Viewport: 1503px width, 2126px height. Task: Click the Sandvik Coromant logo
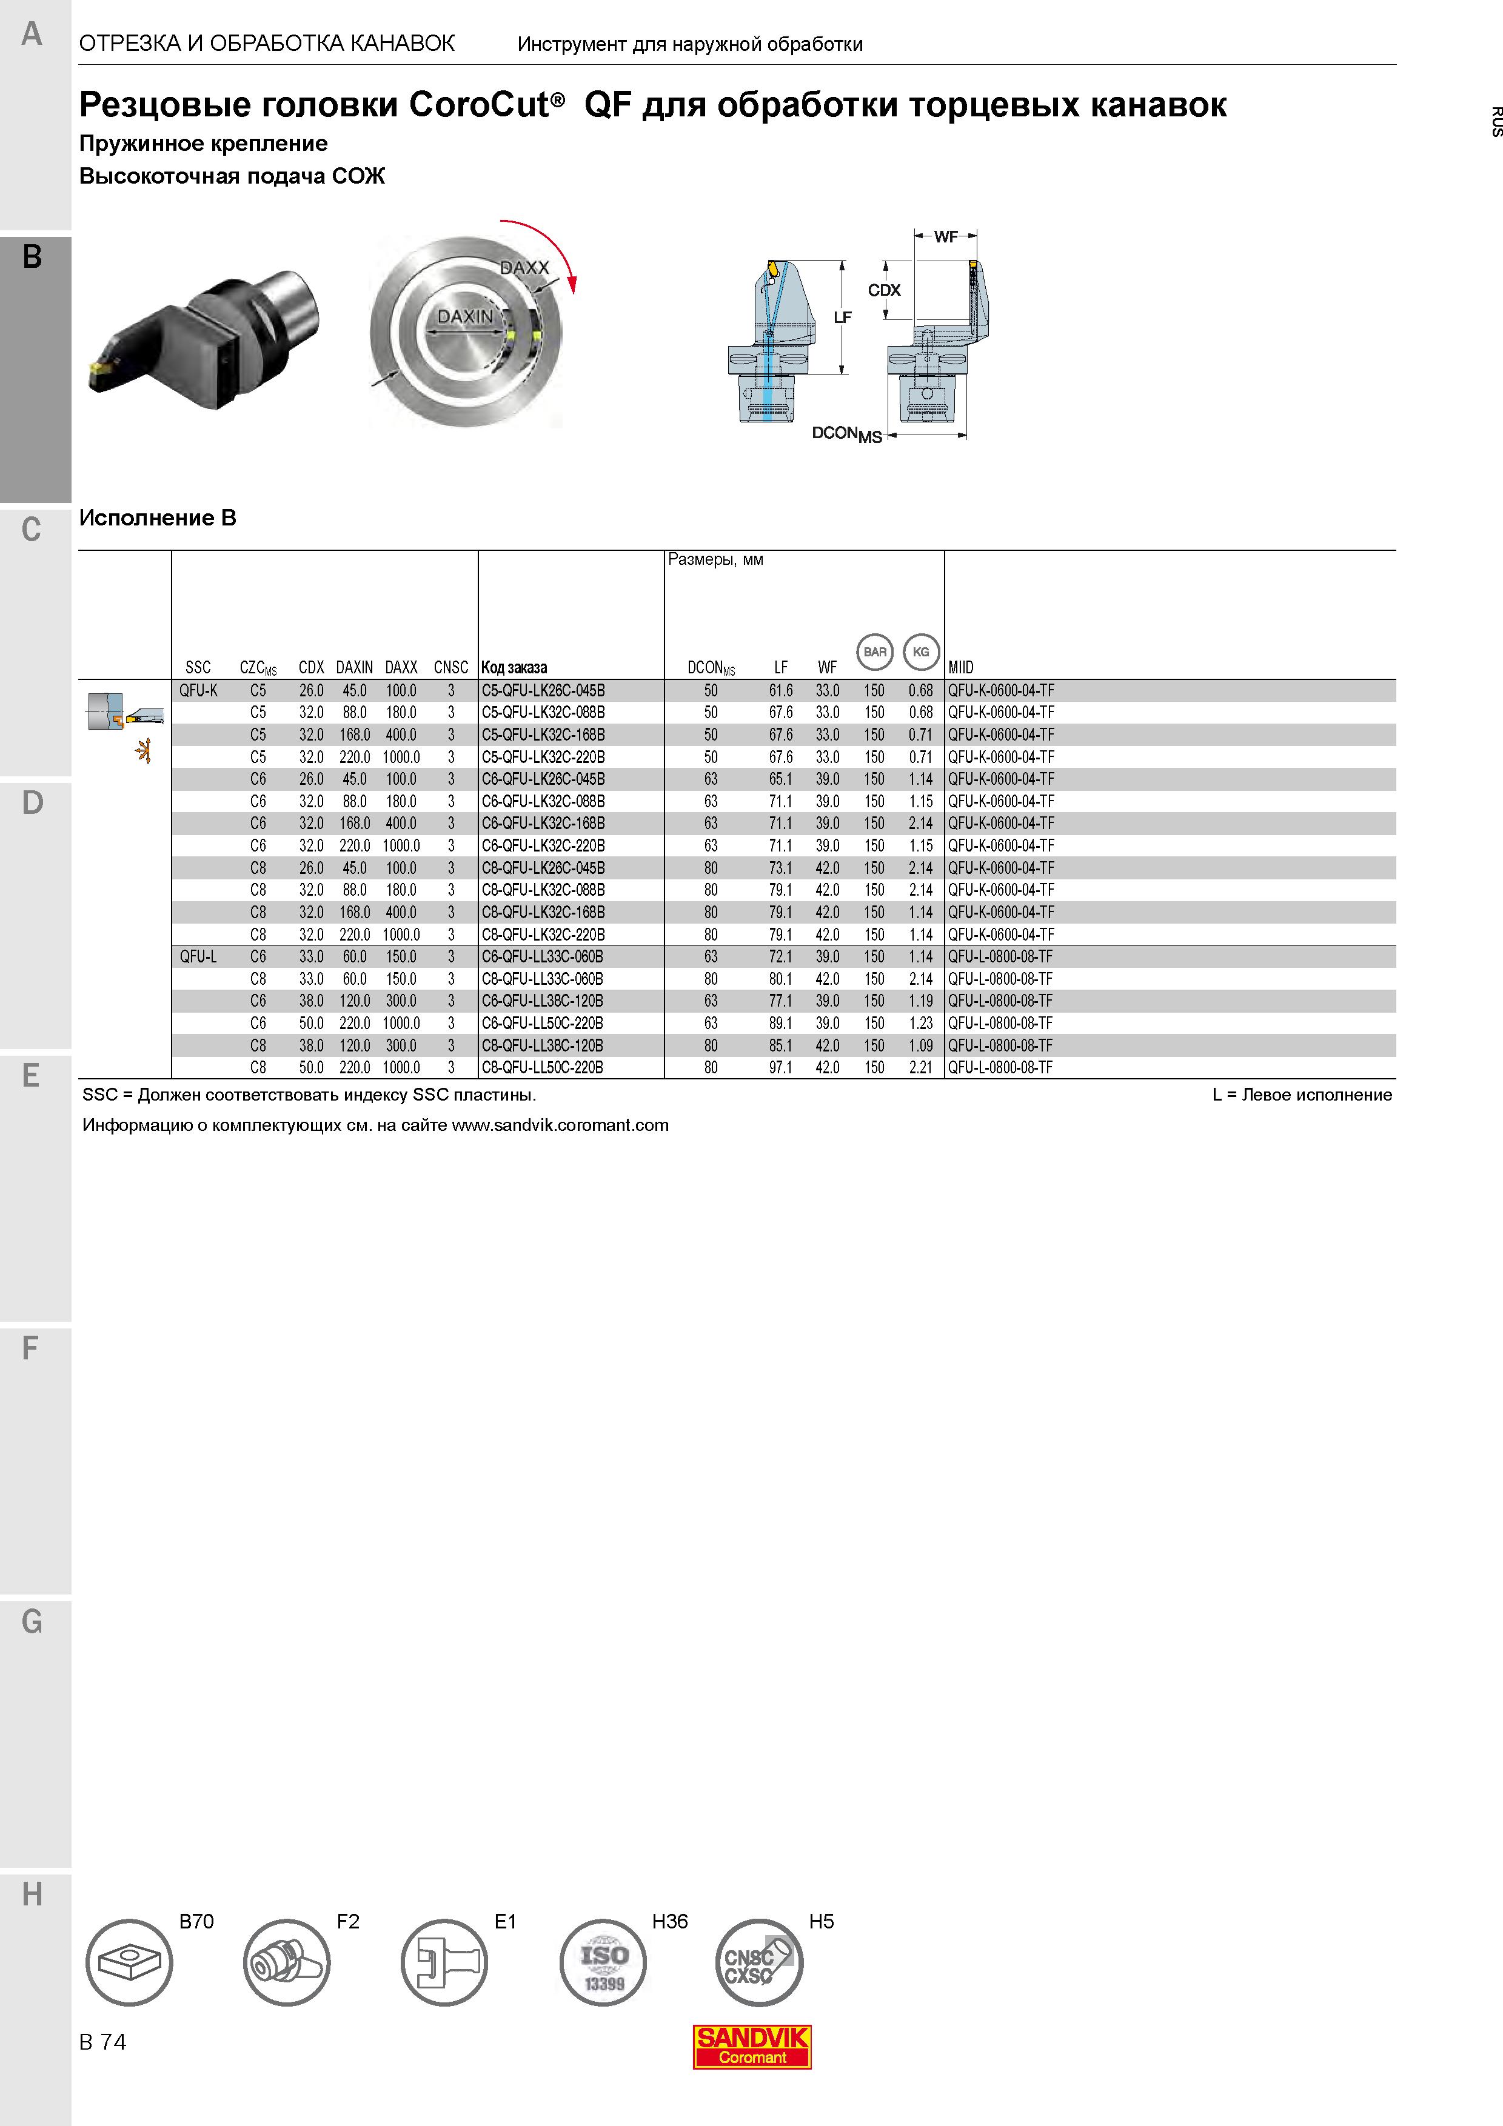[752, 2047]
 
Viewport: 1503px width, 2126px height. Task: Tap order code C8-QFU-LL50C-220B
[542, 1068]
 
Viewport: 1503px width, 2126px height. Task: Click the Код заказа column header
[514, 668]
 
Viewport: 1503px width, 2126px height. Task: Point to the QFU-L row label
[198, 956]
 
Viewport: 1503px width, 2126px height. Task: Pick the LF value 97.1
[781, 1068]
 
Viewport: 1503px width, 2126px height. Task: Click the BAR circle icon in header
[875, 652]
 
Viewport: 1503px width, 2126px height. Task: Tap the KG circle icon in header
[920, 652]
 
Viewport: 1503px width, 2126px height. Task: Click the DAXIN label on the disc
[465, 317]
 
